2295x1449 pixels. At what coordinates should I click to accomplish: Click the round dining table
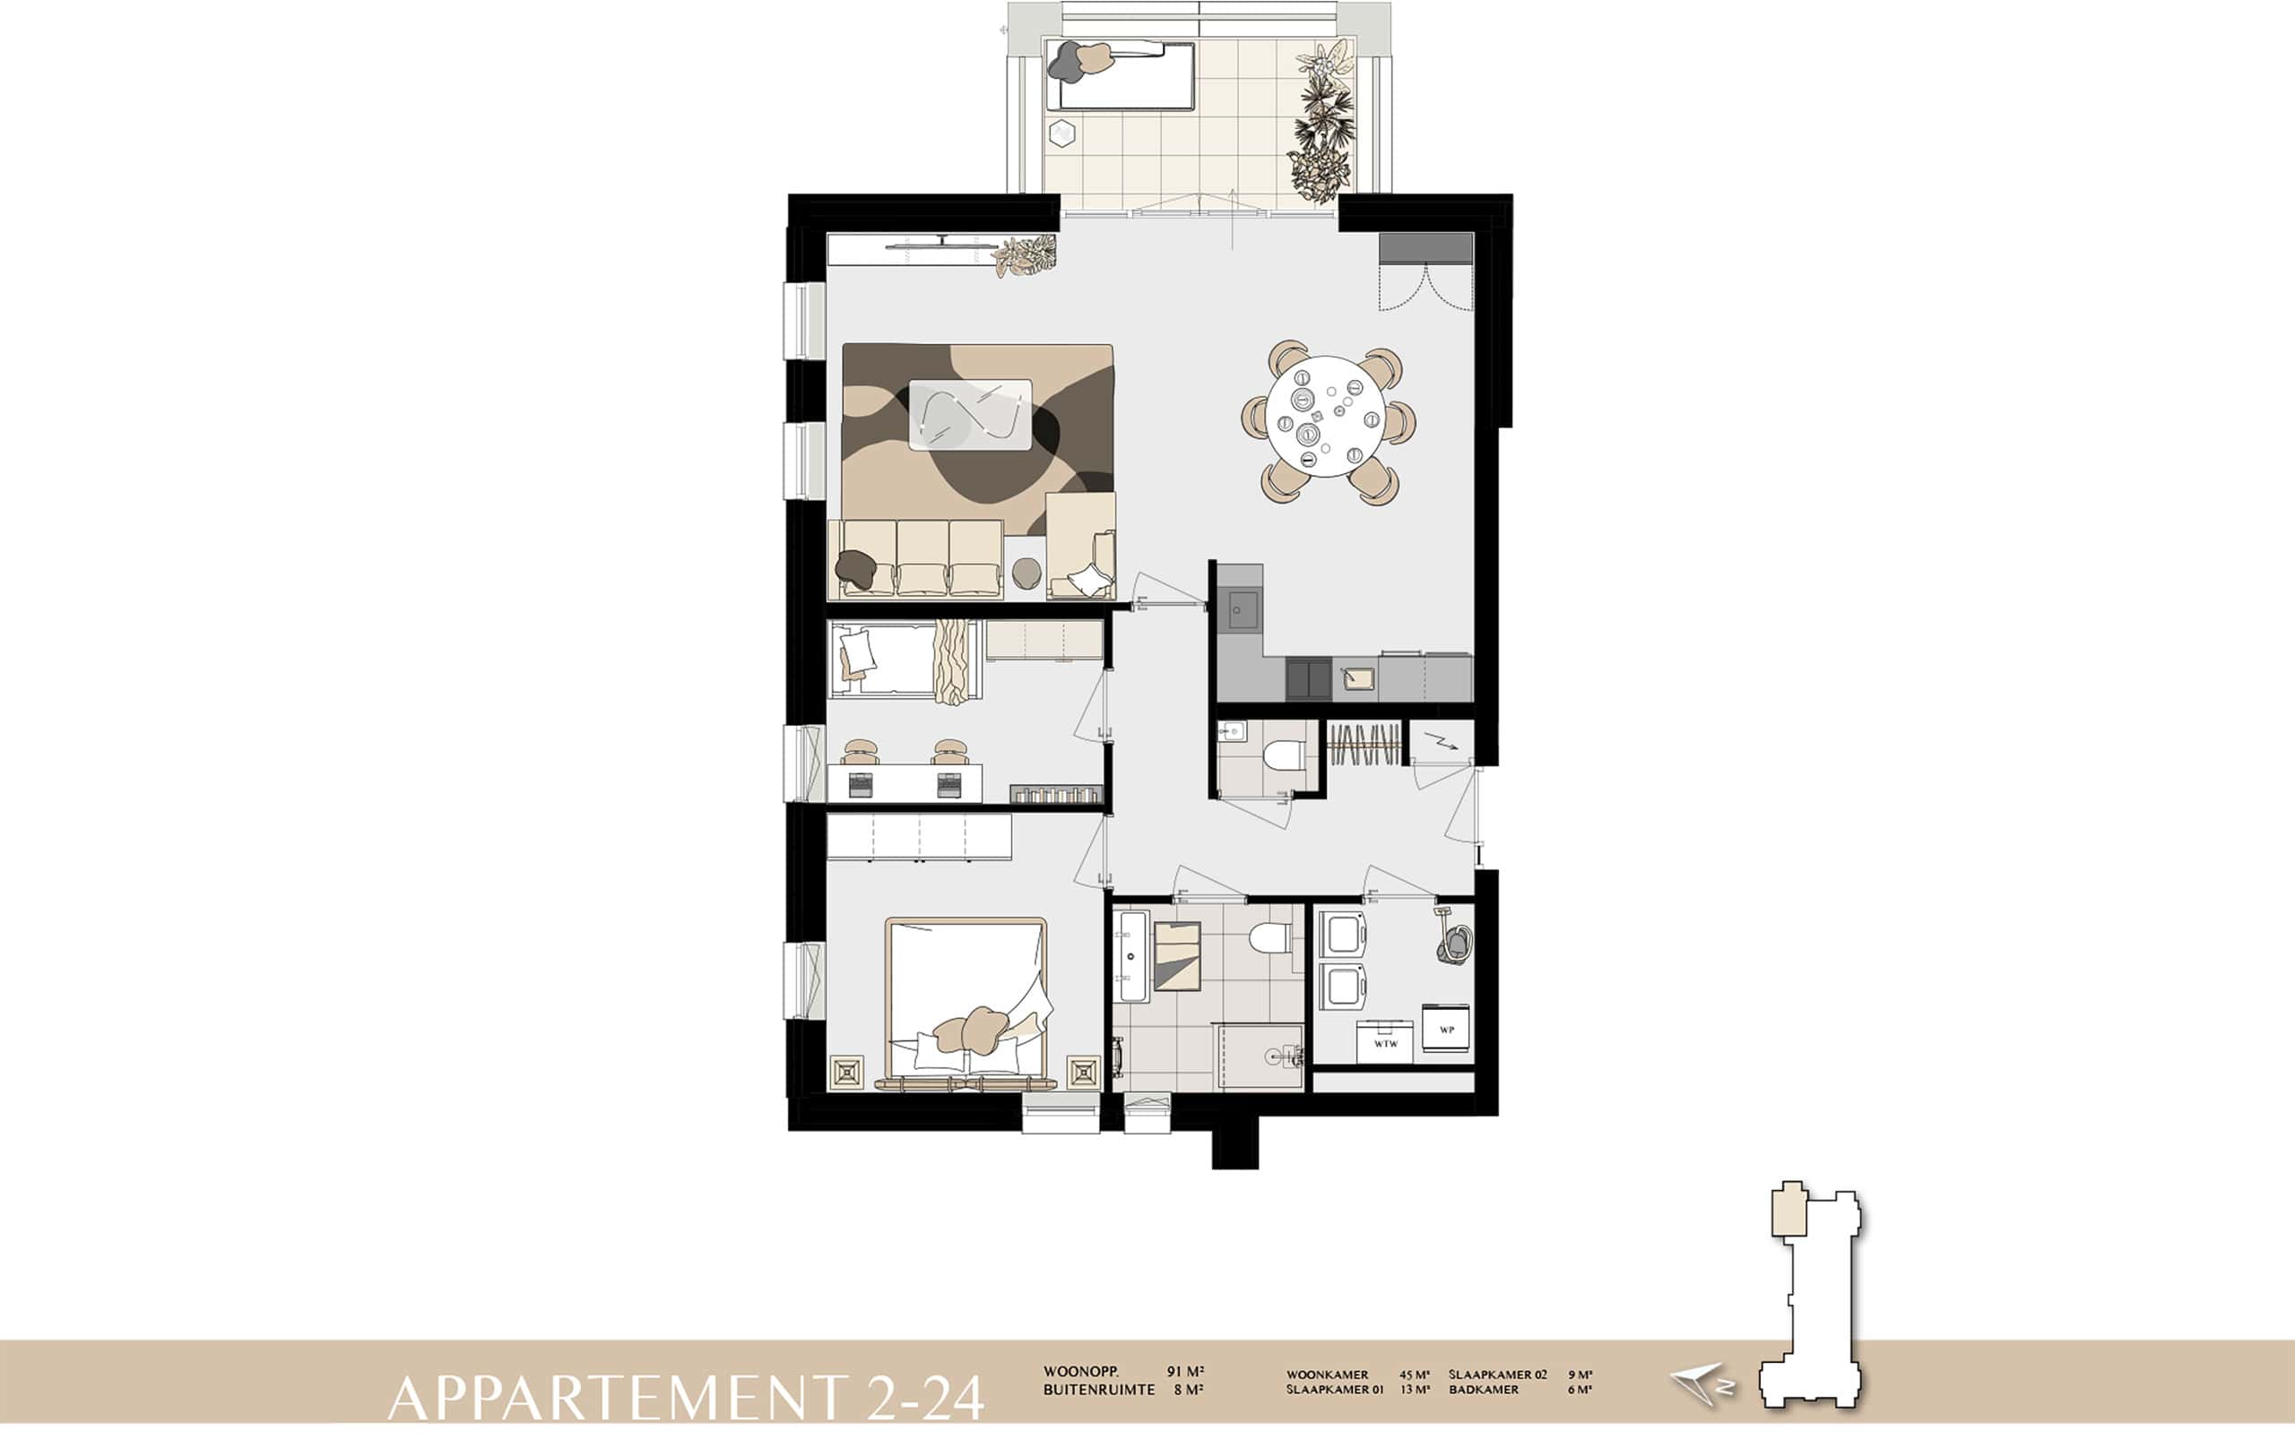(x=1326, y=416)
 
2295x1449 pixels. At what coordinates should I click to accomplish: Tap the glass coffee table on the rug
(x=971, y=414)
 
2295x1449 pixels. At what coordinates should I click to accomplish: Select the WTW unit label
(x=1386, y=1043)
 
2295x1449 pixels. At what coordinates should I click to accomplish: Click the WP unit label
(x=1447, y=1029)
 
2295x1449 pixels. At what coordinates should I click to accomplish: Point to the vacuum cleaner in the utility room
(x=1454, y=937)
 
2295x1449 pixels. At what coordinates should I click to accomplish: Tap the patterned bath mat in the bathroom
(x=1178, y=956)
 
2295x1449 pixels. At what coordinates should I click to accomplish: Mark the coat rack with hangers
(x=1364, y=743)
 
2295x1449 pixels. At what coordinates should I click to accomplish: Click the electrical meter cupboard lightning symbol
(x=1441, y=742)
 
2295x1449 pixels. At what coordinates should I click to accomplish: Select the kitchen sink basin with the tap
(x=1359, y=677)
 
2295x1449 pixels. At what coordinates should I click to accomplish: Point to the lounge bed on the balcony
(x=1120, y=74)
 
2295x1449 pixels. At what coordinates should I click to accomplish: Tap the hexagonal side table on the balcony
(x=1061, y=134)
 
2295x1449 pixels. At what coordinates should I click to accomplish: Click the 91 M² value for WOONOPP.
(x=1186, y=1372)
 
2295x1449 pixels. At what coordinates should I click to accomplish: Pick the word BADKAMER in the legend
(x=1484, y=1390)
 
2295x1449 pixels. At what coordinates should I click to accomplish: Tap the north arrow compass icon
(x=1702, y=1386)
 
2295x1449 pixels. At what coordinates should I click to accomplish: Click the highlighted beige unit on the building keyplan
(x=1788, y=1210)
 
